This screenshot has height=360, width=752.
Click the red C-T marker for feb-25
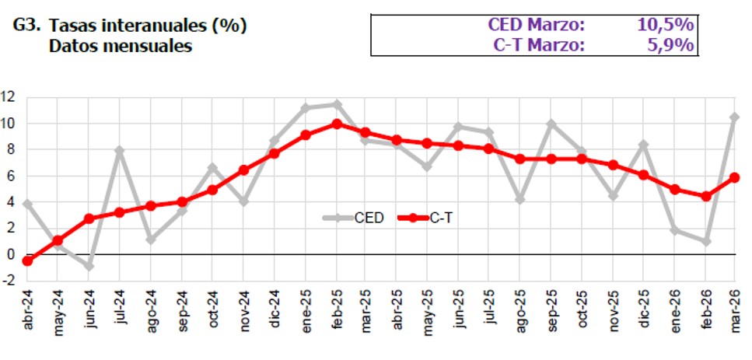tap(336, 124)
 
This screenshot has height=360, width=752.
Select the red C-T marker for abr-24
tap(28, 260)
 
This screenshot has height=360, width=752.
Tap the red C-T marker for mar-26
tap(735, 177)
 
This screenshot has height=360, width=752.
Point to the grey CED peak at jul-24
tap(120, 150)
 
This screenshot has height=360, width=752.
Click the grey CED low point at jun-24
tap(89, 266)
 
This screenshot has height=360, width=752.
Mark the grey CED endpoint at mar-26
tap(735, 117)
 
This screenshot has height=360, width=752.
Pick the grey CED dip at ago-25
tap(519, 199)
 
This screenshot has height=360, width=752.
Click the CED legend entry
tap(359, 218)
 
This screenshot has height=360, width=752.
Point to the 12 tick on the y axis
tap(9, 97)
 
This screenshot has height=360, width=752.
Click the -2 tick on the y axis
tap(9, 281)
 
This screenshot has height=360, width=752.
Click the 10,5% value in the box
tap(665, 26)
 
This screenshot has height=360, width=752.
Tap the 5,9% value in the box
tap(670, 45)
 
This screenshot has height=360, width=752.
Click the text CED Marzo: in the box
tap(537, 26)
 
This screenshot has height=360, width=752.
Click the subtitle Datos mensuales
tap(120, 46)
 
